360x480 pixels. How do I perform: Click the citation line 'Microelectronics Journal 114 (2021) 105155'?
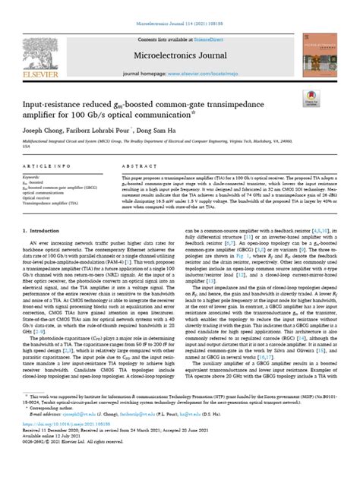pyautogui.click(x=180, y=7)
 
